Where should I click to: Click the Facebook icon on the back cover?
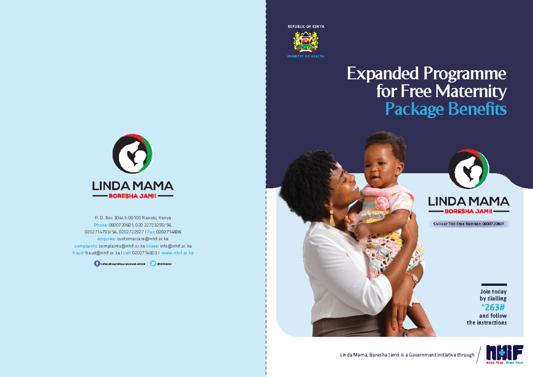click(97, 264)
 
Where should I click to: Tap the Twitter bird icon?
click(153, 264)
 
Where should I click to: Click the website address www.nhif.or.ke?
click(177, 253)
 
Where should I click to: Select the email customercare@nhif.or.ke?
click(143, 239)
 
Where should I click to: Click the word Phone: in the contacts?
click(101, 225)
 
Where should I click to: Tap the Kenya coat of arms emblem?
click(306, 42)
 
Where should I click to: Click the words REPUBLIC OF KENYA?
click(306, 27)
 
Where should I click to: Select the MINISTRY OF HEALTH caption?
click(306, 56)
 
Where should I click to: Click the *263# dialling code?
click(493, 307)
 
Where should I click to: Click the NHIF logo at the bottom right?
click(504, 354)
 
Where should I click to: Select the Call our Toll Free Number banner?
click(469, 224)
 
